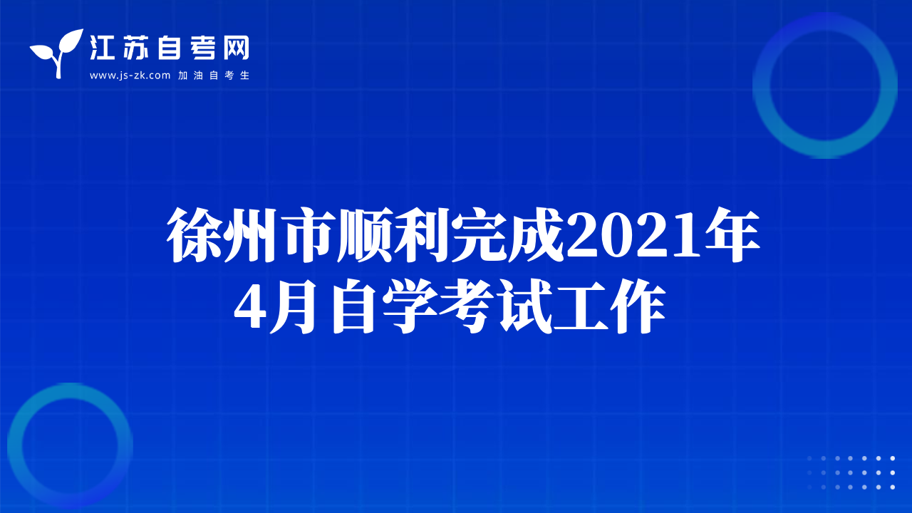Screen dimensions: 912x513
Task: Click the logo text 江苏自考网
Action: (x=170, y=48)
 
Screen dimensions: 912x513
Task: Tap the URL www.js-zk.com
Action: (x=130, y=76)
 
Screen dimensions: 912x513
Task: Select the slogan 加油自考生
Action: (x=214, y=76)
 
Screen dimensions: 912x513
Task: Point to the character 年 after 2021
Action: (x=732, y=234)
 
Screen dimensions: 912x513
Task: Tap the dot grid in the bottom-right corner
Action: (x=851, y=472)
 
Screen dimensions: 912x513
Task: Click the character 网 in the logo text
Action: (x=236, y=48)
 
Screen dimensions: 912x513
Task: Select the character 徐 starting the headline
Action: (x=195, y=235)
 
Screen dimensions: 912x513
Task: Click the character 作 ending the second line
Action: (x=637, y=306)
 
